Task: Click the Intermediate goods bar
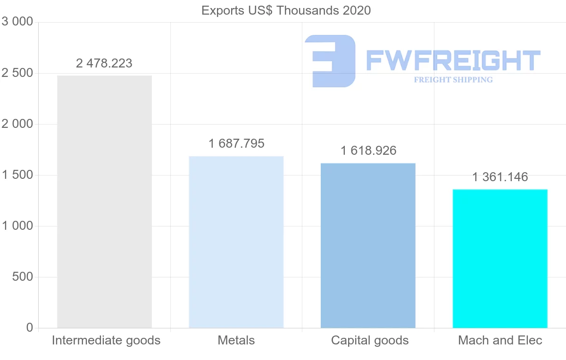104,201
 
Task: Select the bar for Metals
236,242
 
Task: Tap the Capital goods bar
368,245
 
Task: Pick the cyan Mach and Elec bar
500,259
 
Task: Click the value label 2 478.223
104,63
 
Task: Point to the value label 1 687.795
236,143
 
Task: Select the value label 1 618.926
368,151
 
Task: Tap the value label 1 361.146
500,177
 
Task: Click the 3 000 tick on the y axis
17,22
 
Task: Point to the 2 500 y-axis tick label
17,73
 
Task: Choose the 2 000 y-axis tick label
17,124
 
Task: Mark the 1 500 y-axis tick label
17,175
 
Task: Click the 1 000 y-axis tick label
17,226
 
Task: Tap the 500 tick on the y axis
22,277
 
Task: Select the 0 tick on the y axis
30,327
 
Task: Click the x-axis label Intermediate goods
106,340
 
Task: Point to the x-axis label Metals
236,340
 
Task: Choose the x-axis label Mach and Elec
500,340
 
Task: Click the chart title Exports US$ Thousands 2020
286,10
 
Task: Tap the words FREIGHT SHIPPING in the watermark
453,80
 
